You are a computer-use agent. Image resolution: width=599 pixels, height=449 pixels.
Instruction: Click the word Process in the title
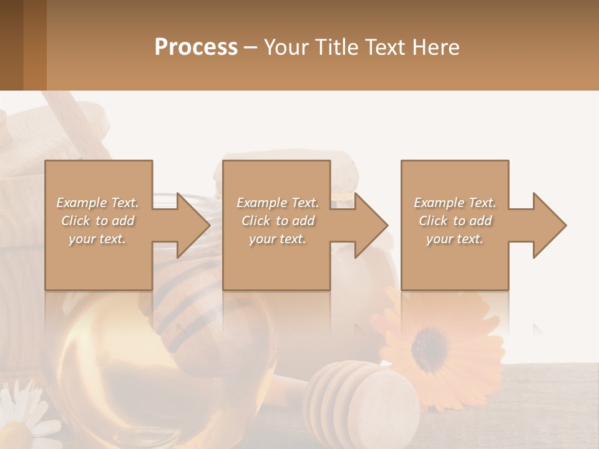point(196,47)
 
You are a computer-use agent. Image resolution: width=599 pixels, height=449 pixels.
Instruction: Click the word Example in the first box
point(82,203)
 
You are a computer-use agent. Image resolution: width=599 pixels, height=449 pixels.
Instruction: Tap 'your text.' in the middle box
point(277,239)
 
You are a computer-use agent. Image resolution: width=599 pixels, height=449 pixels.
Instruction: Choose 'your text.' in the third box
point(454,239)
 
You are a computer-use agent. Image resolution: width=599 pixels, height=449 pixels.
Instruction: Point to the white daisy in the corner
point(22,415)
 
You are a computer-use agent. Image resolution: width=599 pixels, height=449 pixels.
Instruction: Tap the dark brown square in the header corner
point(11,45)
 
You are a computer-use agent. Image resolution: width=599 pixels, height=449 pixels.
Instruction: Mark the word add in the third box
point(480,221)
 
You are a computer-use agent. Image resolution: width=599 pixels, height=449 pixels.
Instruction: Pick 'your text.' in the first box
point(97,239)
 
